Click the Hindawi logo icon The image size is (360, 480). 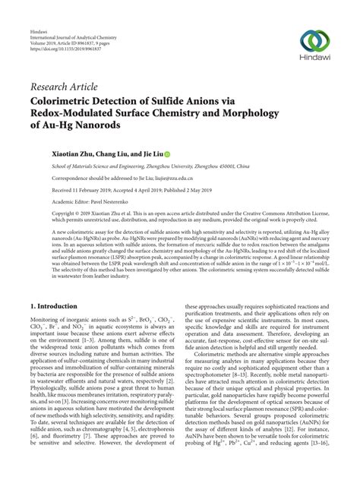[313, 39]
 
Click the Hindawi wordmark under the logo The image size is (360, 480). [313, 60]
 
